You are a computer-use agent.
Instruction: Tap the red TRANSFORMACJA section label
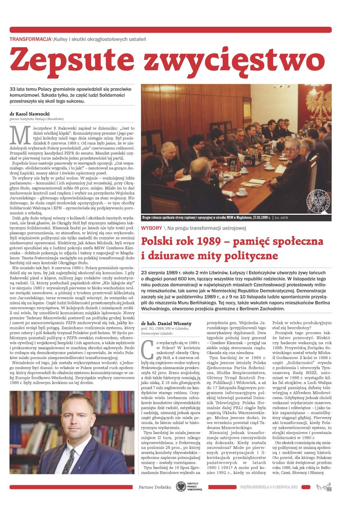30,39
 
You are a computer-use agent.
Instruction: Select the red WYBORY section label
151,228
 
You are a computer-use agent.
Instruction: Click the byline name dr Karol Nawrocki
30,114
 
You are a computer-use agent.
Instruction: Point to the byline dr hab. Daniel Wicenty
166,323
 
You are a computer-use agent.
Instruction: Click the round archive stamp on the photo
318,201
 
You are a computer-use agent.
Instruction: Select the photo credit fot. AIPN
285,218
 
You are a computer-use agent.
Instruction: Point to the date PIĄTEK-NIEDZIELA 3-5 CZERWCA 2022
269,487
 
